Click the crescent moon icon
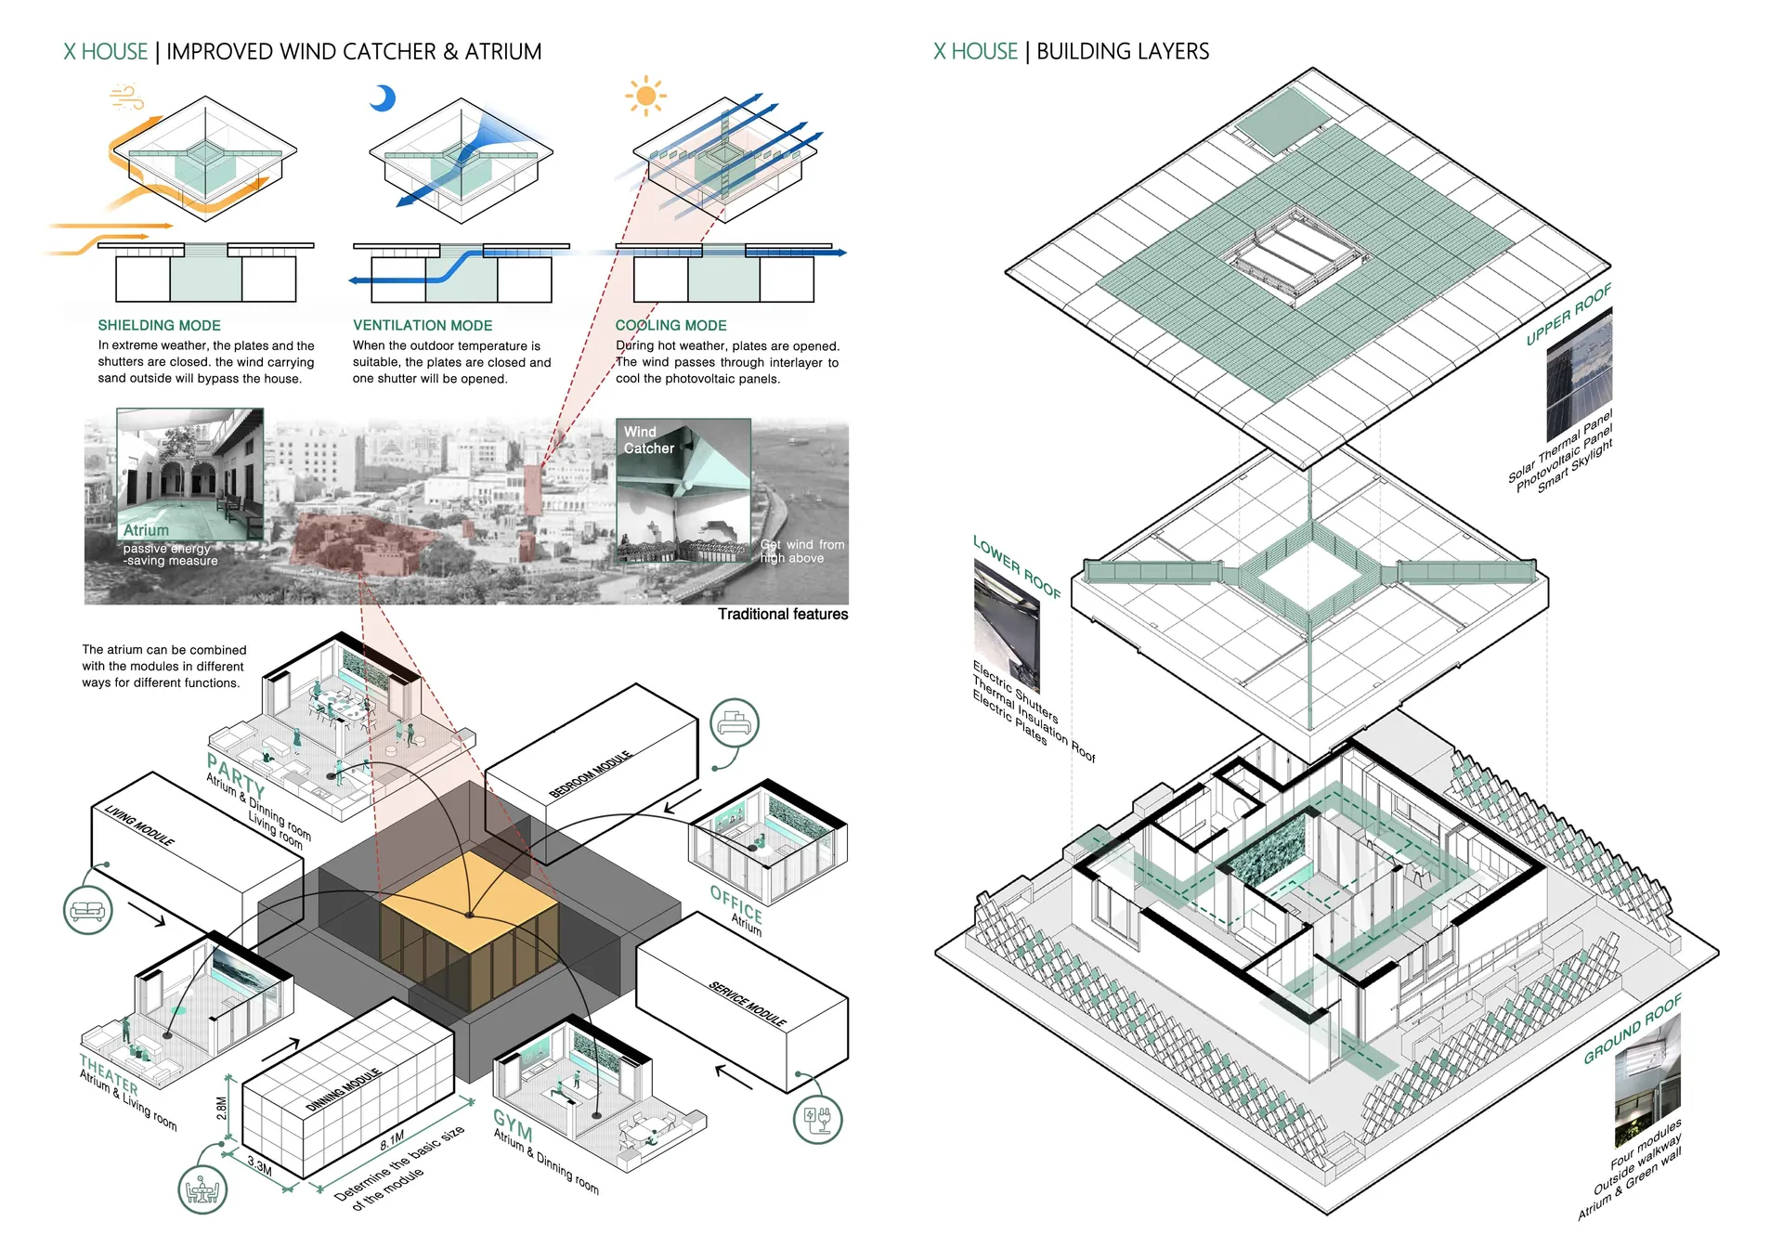point(383,97)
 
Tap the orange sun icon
point(646,96)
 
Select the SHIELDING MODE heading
point(159,325)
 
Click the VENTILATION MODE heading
point(423,325)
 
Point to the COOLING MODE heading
point(670,325)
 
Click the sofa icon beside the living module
point(88,910)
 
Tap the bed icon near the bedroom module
point(735,723)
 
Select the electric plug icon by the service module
point(817,1118)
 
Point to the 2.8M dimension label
point(222,1109)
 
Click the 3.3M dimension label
point(260,1166)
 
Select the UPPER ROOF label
point(1568,315)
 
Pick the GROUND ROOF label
point(1633,1029)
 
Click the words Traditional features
point(782,614)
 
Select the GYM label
point(513,1124)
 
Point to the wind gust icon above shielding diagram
point(126,97)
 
